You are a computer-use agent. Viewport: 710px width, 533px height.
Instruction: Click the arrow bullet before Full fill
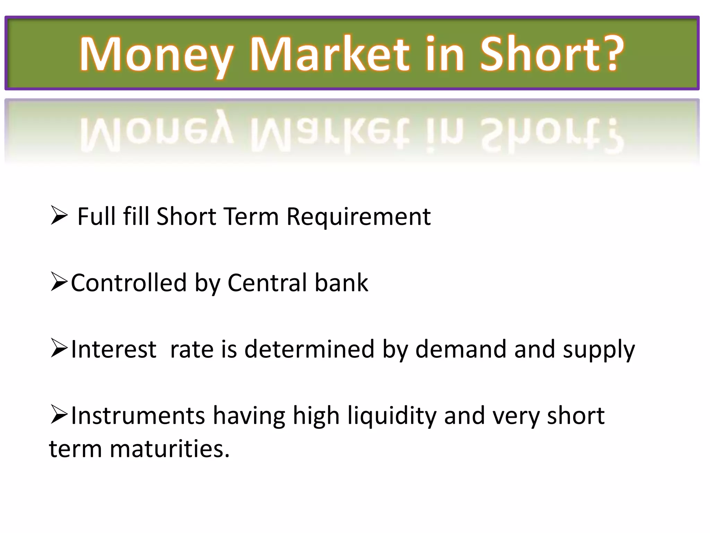pos(59,215)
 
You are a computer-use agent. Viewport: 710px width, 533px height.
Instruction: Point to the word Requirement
pos(358,217)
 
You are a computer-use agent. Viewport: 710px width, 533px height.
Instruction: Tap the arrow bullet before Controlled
pos(59,282)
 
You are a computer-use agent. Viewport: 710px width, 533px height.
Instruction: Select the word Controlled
pos(129,282)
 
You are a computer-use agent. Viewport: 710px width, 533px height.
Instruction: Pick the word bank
pos(341,282)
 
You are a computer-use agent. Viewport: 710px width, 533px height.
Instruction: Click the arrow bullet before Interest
pos(59,348)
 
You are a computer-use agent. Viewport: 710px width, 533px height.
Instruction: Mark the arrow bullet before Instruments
pos(59,414)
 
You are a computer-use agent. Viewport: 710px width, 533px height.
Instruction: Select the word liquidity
pos(392,416)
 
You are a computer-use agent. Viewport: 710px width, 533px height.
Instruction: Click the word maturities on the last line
pos(170,449)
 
